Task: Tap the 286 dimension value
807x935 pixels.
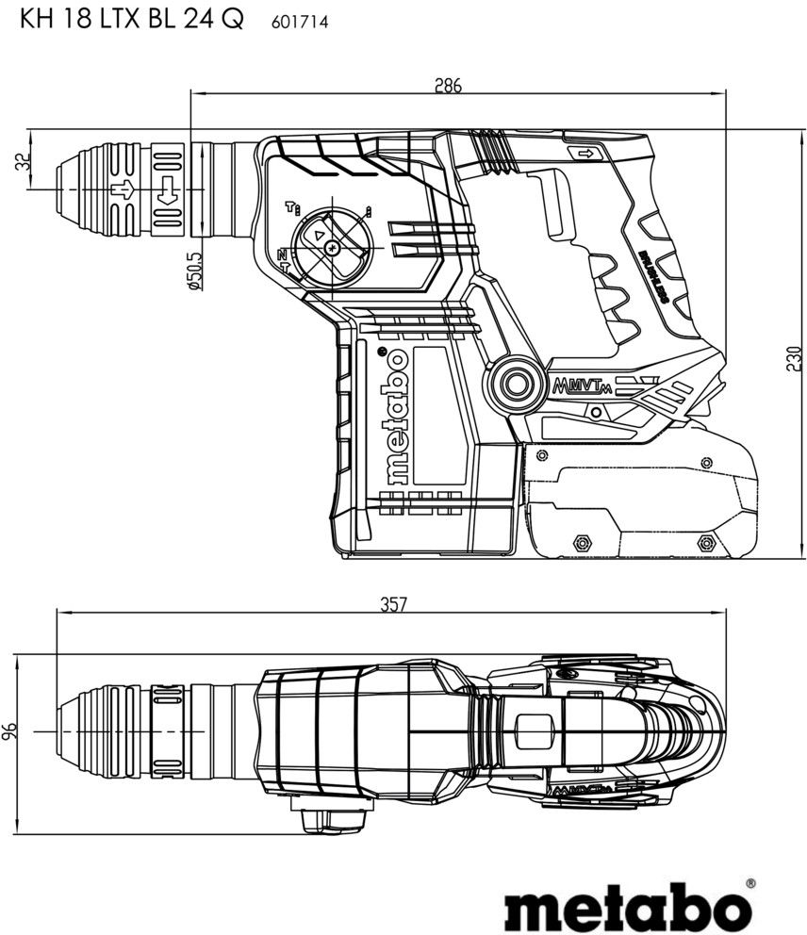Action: click(x=447, y=86)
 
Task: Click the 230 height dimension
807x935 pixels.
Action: click(x=794, y=358)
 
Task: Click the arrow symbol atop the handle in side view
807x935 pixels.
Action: click(x=586, y=154)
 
